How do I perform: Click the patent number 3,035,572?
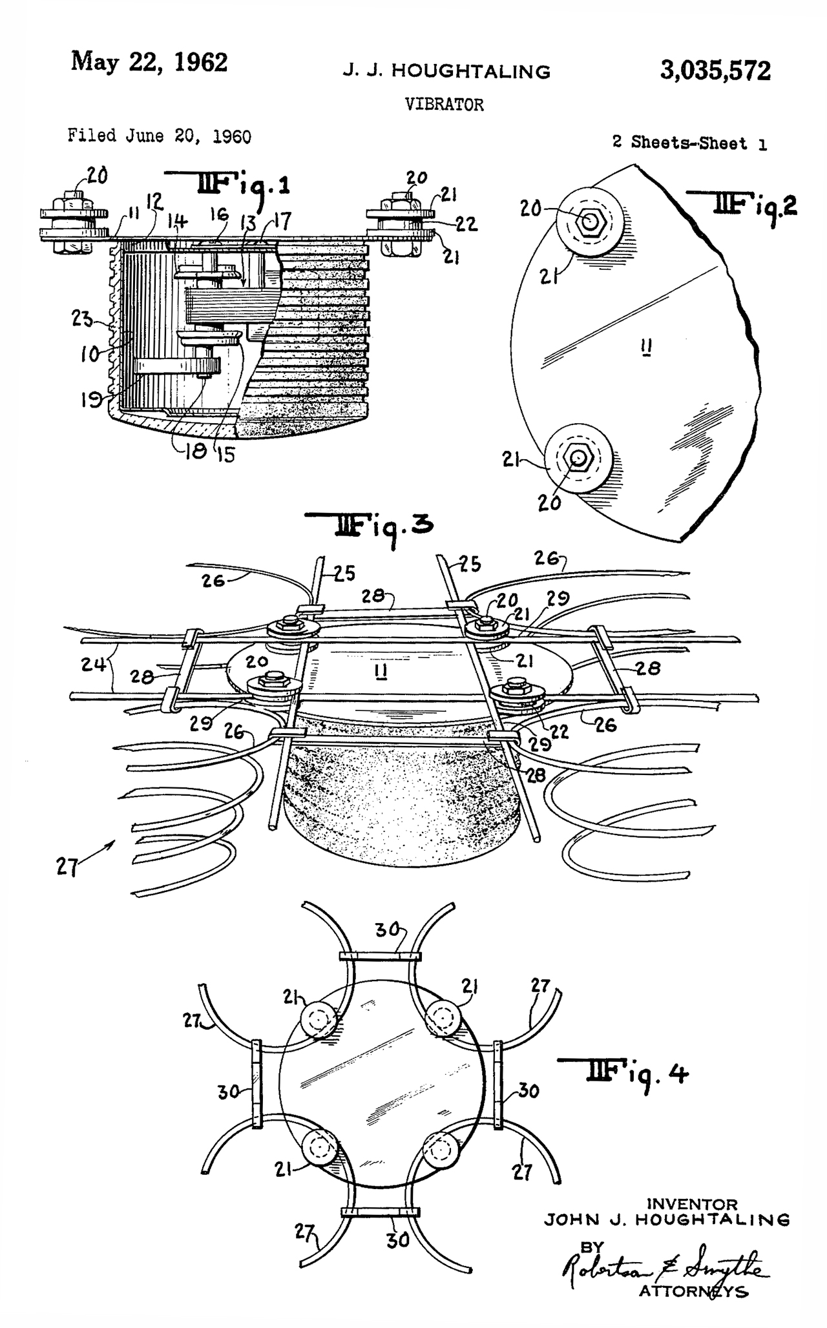click(x=715, y=70)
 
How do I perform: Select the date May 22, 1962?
click(x=149, y=63)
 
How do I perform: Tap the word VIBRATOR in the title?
click(x=444, y=105)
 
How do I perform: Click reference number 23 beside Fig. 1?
click(x=83, y=318)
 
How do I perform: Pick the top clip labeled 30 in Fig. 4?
click(x=381, y=957)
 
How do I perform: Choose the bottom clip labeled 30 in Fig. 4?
click(x=381, y=1212)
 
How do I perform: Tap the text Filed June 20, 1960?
click(x=160, y=136)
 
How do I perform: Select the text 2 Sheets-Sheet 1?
click(x=689, y=143)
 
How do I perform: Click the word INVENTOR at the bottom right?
click(x=692, y=1205)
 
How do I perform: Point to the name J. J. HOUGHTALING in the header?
click(x=446, y=72)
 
